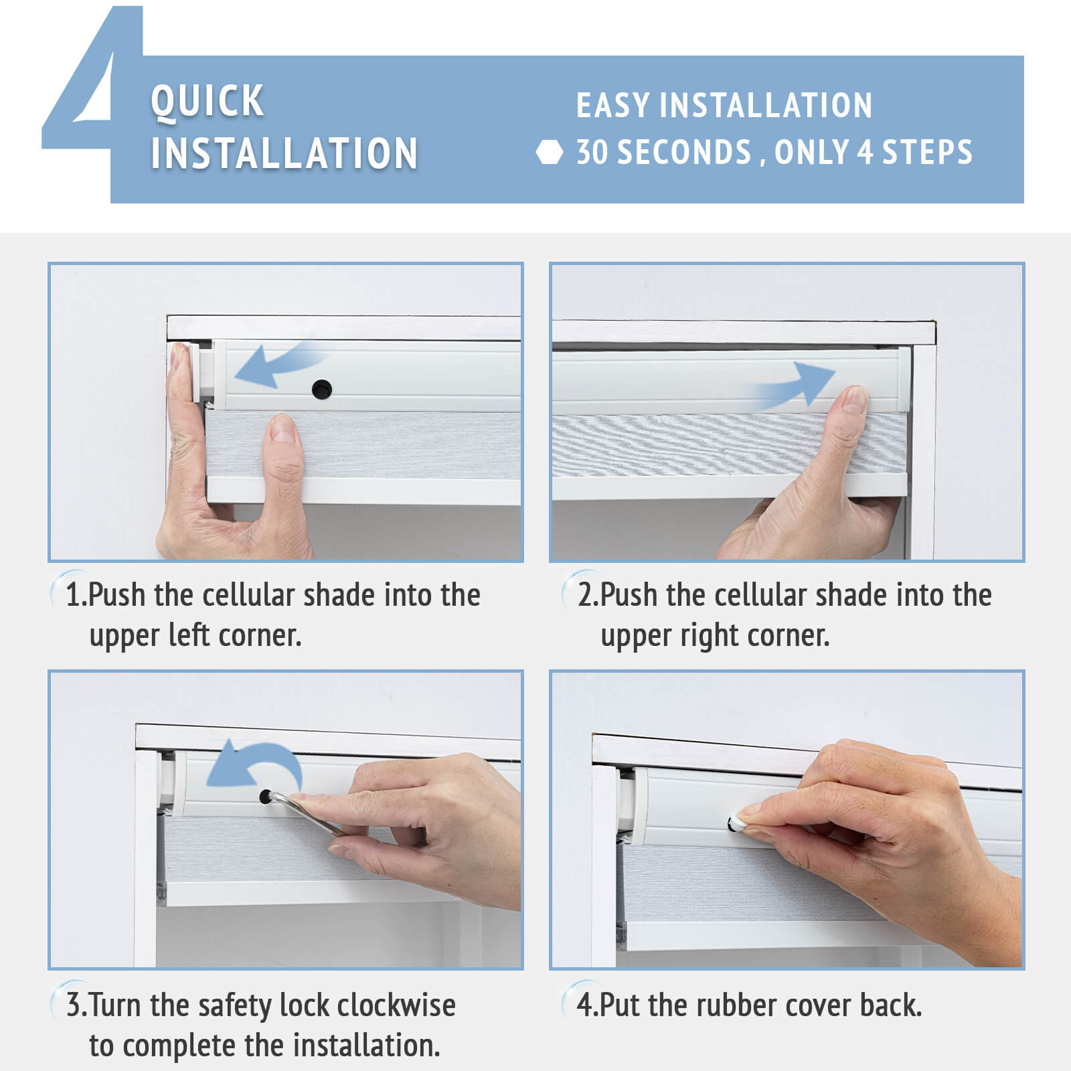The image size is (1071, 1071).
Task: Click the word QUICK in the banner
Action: point(207,101)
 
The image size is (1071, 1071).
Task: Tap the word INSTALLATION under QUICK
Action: point(284,153)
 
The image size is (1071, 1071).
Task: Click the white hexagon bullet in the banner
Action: point(549,153)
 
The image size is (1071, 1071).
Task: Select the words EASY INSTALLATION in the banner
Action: point(724,106)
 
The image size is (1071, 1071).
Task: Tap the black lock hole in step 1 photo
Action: point(322,389)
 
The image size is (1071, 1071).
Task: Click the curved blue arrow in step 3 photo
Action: point(261,760)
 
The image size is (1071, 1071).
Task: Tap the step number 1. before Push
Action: point(76,595)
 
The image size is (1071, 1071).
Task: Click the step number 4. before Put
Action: point(588,1005)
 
